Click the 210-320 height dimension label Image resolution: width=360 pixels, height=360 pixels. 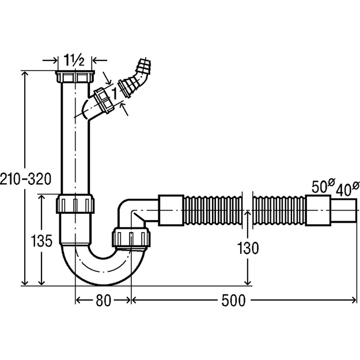click(25, 179)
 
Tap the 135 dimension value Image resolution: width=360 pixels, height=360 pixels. click(41, 241)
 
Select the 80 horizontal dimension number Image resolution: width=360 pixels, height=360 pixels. click(103, 300)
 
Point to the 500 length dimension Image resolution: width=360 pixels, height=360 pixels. click(233, 300)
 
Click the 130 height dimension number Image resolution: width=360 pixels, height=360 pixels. click(248, 248)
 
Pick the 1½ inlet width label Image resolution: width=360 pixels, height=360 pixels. click(74, 60)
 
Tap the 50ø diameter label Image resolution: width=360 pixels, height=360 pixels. click(323, 185)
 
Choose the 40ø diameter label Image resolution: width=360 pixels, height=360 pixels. click(347, 189)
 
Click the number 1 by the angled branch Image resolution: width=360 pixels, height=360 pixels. click(114, 94)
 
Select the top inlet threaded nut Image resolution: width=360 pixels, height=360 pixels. click(75, 77)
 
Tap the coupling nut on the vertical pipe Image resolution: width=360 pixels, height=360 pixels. click(75, 204)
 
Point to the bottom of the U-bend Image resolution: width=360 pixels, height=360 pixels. click(103, 282)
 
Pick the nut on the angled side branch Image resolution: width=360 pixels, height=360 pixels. click(104, 100)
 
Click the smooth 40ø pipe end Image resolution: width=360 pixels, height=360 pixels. click(344, 210)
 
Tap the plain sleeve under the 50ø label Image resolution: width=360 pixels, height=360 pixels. click(318, 210)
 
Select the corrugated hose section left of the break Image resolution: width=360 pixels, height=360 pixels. click(213, 211)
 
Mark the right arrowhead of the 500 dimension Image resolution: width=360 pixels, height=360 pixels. click(354, 300)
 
